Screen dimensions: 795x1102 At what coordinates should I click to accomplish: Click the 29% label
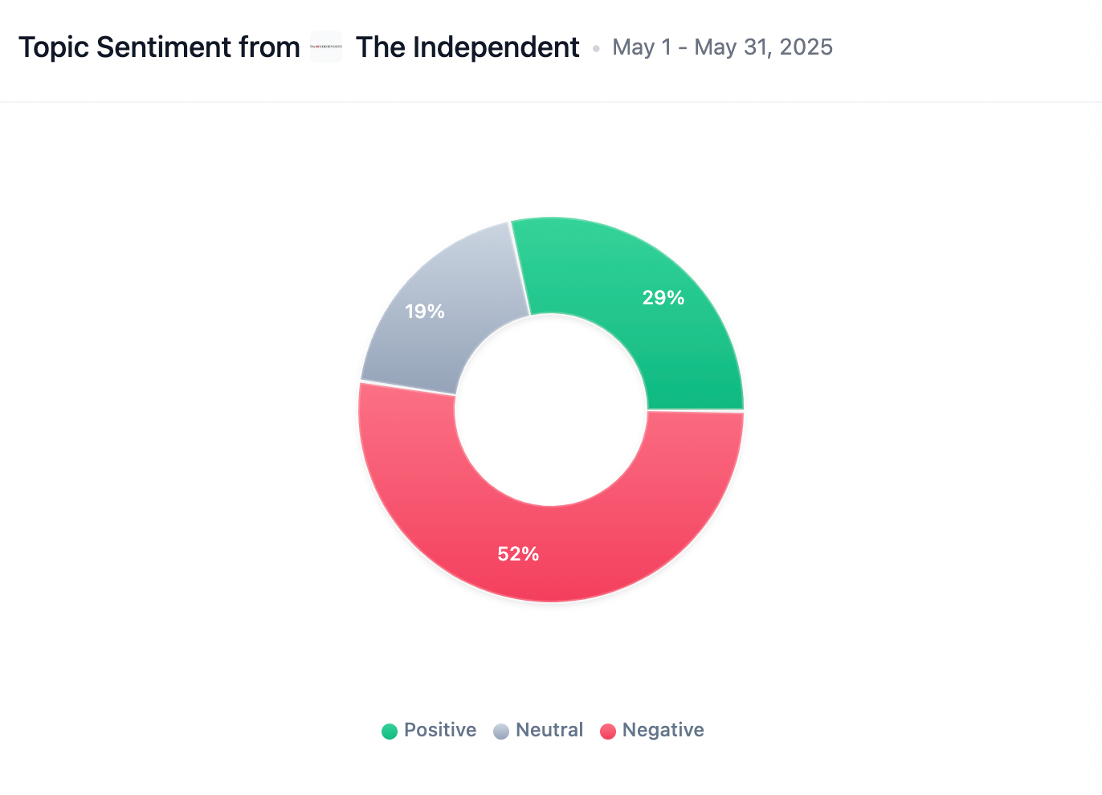pos(663,298)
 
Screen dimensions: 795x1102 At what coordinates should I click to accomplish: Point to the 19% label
pos(425,312)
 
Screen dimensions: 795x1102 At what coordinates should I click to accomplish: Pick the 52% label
pos(518,554)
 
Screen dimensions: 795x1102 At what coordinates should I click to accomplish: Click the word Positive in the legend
pos(439,730)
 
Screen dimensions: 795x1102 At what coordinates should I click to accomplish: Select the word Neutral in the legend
pos(549,730)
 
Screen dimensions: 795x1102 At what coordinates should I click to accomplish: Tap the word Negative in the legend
pos(663,730)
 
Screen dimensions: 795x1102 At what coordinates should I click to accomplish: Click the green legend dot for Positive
pos(390,731)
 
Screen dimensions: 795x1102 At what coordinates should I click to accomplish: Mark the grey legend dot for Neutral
pos(501,731)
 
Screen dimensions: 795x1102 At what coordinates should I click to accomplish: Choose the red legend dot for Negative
pos(608,731)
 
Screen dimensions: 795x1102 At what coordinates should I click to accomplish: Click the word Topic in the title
pos(53,48)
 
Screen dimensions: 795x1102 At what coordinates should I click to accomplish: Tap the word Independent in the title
pos(496,48)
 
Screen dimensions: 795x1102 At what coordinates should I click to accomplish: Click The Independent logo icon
pos(326,47)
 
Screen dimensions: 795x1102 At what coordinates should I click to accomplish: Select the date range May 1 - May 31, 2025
pos(722,47)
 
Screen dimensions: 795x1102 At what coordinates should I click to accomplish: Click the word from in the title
pos(269,47)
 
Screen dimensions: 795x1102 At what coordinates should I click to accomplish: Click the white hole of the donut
pos(551,410)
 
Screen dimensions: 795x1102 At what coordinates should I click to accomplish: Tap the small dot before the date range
pos(596,49)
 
